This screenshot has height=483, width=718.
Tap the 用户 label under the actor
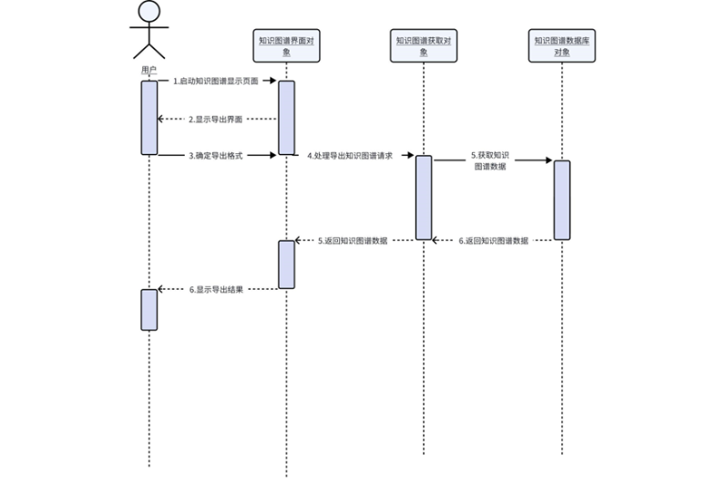point(149,70)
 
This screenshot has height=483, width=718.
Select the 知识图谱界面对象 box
point(286,46)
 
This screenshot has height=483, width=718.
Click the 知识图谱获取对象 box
point(424,46)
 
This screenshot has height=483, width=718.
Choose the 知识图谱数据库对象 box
point(562,46)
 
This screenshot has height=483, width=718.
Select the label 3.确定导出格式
point(215,156)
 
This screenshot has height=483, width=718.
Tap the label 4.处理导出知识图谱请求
point(350,156)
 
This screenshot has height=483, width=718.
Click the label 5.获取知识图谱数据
point(491,161)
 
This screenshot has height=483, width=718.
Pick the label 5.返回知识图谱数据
point(353,241)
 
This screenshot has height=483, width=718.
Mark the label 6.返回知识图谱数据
point(493,241)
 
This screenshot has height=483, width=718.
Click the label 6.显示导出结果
point(216,290)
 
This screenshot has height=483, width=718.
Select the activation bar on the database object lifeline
point(561,200)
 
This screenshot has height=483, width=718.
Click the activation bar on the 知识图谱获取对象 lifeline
point(424,197)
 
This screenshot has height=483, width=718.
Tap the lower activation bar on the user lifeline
point(149,309)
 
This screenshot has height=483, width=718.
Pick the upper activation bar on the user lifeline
point(149,118)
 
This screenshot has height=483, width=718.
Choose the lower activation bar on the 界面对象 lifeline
point(286,264)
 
